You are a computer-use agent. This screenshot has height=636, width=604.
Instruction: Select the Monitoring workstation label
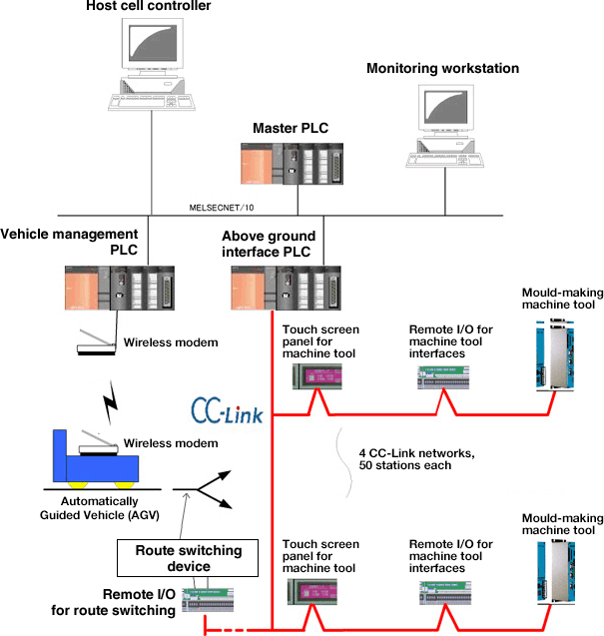(442, 69)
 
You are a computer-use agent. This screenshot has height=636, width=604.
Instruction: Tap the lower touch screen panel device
(314, 592)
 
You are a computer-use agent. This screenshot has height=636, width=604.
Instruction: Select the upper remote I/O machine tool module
(445, 376)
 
